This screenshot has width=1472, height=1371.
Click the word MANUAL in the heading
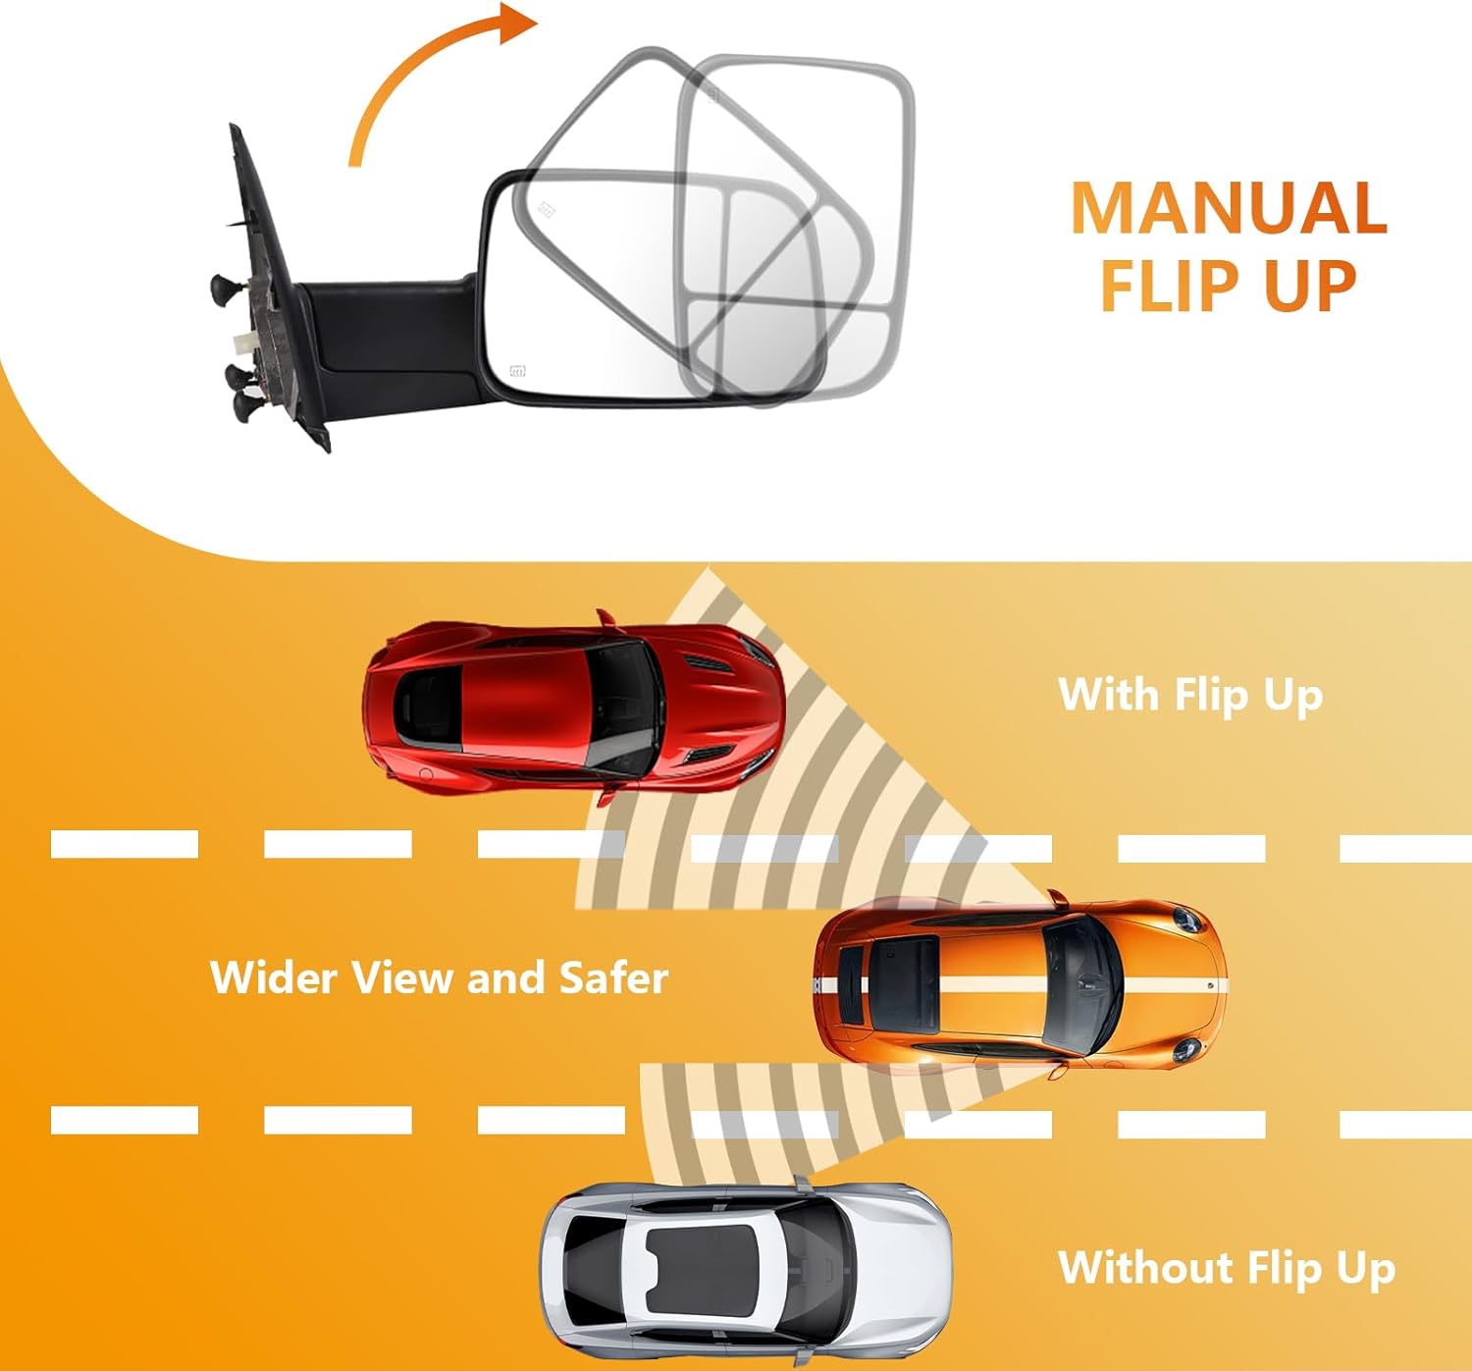point(1228,208)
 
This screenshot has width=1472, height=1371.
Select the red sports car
point(573,704)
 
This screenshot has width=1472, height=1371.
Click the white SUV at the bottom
point(745,1272)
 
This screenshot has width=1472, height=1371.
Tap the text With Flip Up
point(1189,695)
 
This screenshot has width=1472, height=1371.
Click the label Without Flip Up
point(1226,1268)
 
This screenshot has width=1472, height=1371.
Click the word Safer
point(613,977)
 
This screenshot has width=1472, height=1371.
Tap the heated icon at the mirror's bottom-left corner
point(517,371)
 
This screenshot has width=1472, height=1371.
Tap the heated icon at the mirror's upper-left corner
point(546,209)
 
